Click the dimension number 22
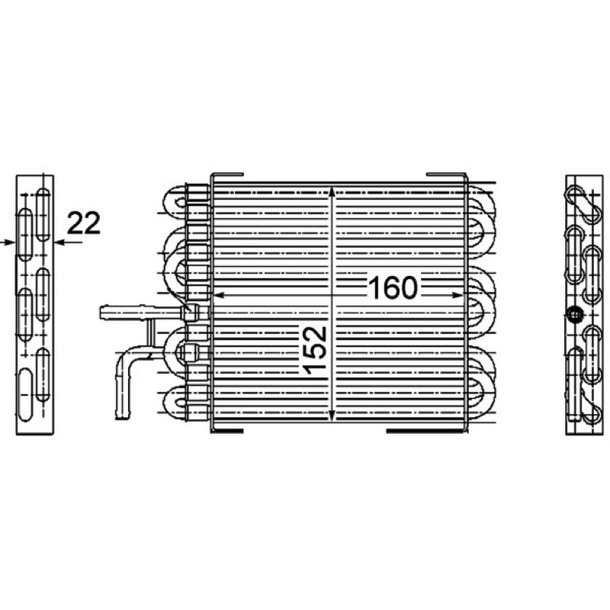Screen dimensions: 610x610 pos(84,223)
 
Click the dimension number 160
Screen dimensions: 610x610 pos(393,288)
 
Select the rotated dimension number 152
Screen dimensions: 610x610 pos(316,351)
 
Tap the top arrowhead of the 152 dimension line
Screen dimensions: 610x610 pos(331,193)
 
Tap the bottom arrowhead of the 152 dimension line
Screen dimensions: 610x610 pos(331,414)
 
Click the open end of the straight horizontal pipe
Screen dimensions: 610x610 pos(102,313)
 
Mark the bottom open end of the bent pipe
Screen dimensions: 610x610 pos(122,416)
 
